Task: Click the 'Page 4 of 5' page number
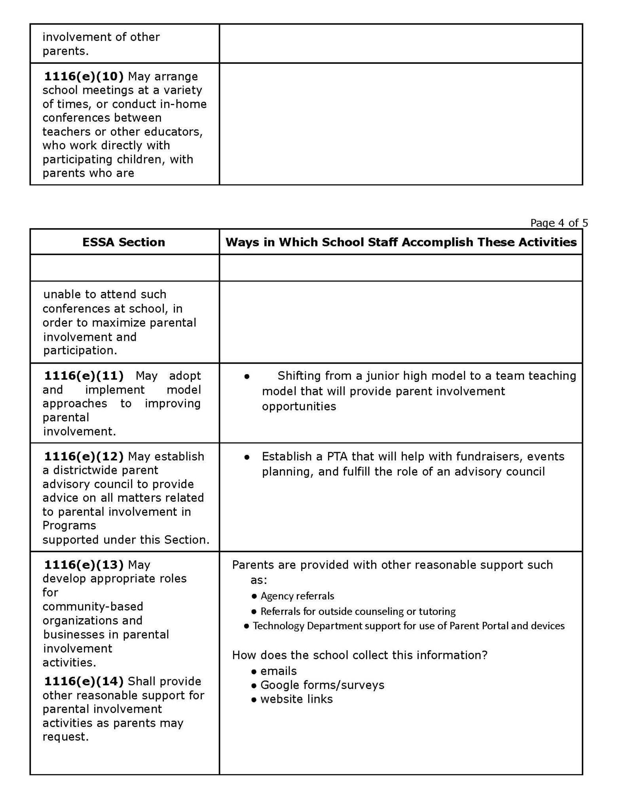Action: (559, 223)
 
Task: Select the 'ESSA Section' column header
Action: (123, 242)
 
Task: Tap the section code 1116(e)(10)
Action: (83, 76)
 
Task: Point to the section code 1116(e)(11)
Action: (83, 375)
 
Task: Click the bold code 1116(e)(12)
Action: (83, 456)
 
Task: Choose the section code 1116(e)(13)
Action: (83, 564)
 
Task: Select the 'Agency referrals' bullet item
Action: (297, 596)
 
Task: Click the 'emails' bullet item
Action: (279, 671)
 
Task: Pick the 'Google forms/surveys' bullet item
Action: (322, 685)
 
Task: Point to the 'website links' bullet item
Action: (296, 699)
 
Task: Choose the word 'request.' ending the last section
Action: (65, 737)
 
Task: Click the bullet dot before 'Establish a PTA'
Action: (247, 457)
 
